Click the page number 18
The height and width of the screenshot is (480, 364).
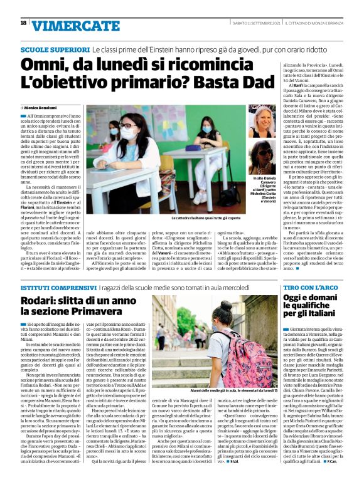coord(23,23)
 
